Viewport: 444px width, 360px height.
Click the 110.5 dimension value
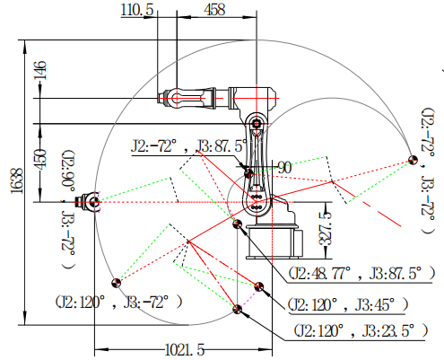137,10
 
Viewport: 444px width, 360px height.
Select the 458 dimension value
214,10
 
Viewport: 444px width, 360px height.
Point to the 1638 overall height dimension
17,180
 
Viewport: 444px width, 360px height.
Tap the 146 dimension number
40,71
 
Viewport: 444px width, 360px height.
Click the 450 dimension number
40,160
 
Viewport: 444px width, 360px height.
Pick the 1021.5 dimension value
185,349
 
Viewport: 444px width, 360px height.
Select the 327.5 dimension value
326,228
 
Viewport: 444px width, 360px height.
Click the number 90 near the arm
284,168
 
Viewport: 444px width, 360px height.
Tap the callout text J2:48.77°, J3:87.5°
361,273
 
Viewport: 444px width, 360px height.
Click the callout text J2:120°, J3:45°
348,305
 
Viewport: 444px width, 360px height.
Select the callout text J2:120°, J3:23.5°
361,330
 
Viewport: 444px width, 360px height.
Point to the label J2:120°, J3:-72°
118,302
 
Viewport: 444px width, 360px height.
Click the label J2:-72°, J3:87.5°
189,146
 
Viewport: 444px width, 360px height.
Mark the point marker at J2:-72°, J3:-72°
413,160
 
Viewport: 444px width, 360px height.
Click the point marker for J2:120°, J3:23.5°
238,309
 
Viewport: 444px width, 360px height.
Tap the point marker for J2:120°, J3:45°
259,286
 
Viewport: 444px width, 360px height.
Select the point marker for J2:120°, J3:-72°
117,283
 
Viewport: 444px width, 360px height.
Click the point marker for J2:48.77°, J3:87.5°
238,224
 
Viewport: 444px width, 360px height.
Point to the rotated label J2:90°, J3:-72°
68,209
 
